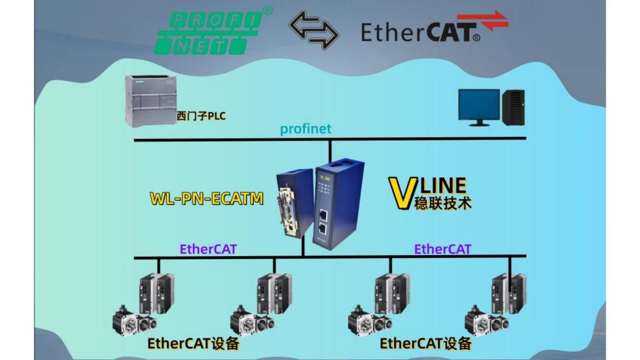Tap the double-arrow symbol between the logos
313,30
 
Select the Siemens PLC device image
150,100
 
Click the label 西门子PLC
201,116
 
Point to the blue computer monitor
479,106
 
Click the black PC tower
513,107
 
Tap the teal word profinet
306,129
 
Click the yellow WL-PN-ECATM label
207,198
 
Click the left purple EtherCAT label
208,249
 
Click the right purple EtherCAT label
443,249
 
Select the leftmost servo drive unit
157,294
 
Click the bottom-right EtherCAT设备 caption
426,344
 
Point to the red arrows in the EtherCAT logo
489,21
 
